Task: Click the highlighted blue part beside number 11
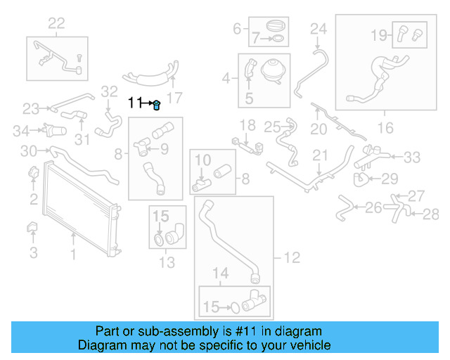pos(157,105)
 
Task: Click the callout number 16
pos(385,127)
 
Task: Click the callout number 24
pos(319,29)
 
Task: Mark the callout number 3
pos(34,251)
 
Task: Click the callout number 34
pos(22,130)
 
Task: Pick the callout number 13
pos(167,263)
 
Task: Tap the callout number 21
pos(321,155)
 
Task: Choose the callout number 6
pos(237,29)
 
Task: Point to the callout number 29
pos(390,178)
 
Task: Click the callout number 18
pos(247,125)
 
